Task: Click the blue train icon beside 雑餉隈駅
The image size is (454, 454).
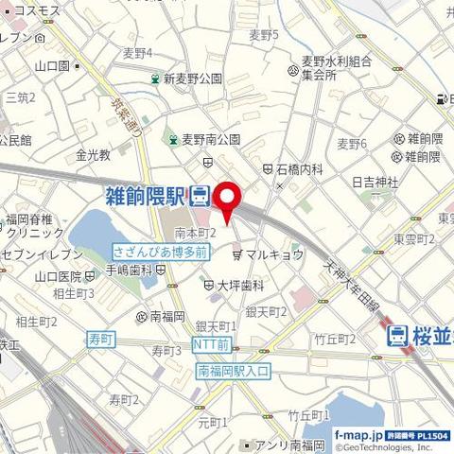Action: (200, 198)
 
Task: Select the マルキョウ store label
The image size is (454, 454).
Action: (274, 254)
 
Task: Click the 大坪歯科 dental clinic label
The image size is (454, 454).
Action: (240, 284)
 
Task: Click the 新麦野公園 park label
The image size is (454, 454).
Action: (192, 79)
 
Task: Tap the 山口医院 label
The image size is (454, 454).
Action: (58, 276)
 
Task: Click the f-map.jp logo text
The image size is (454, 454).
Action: (358, 434)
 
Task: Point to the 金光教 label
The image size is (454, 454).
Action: (93, 154)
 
